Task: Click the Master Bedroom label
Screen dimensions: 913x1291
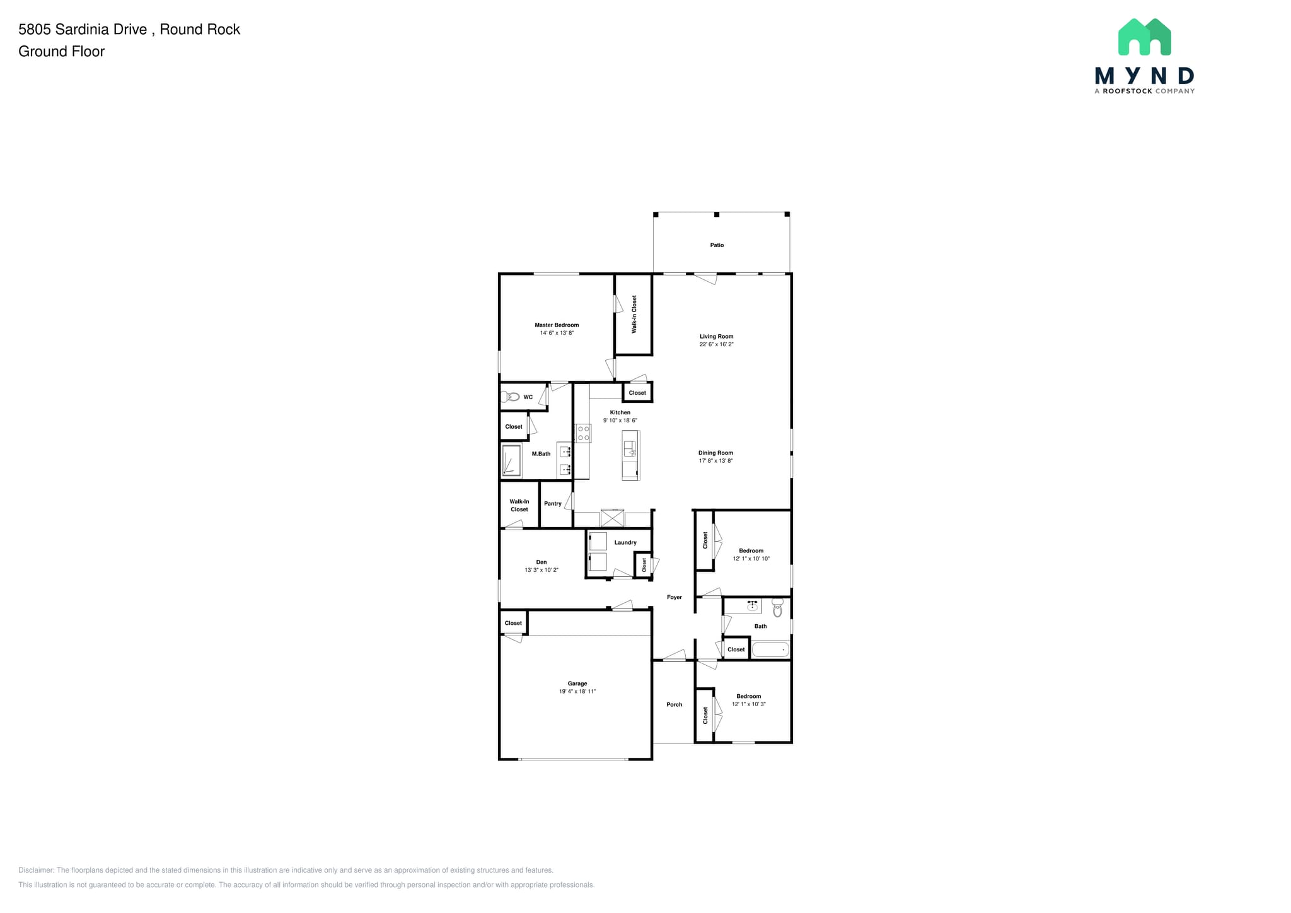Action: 556,325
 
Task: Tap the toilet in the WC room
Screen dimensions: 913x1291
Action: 510,397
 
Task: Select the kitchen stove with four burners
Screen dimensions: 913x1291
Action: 583,433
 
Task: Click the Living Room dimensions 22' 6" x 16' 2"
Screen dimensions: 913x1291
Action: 716,344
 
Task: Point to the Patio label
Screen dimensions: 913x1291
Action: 717,245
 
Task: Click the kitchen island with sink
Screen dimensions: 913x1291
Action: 630,455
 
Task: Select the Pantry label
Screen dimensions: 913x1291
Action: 552,503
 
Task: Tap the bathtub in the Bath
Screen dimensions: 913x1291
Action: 770,649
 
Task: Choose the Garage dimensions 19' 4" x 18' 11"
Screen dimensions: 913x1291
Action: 577,692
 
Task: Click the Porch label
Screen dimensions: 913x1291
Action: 674,704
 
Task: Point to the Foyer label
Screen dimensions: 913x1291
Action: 674,597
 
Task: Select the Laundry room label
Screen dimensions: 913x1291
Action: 625,542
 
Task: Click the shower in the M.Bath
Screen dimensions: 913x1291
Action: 511,460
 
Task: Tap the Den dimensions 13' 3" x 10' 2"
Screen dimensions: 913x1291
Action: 541,570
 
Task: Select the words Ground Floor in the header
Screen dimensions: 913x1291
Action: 61,52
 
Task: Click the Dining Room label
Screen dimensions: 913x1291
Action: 715,453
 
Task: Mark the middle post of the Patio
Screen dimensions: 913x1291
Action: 716,214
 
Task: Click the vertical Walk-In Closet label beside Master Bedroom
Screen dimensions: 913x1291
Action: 634,314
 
